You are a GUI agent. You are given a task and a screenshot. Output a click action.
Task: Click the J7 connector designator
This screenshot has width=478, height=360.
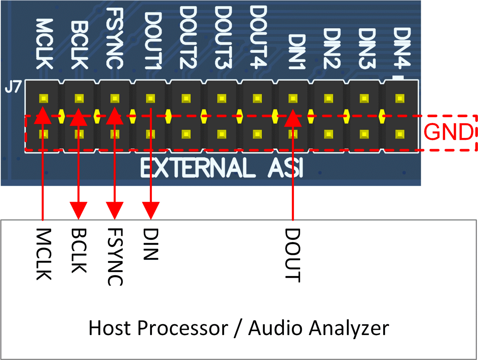click(x=13, y=87)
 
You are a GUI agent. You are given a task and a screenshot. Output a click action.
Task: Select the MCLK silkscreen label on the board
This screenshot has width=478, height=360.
click(x=44, y=44)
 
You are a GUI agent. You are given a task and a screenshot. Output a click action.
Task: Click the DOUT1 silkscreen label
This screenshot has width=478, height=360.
click(x=152, y=40)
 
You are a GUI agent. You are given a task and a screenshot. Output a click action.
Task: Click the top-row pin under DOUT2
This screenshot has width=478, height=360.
click(x=186, y=98)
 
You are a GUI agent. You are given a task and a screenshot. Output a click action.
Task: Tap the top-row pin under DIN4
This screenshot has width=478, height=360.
click(x=400, y=98)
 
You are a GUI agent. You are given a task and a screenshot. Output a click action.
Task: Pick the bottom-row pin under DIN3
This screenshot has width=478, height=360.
click(x=364, y=134)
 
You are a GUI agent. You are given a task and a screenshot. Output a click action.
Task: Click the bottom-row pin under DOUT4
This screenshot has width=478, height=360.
click(x=257, y=134)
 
